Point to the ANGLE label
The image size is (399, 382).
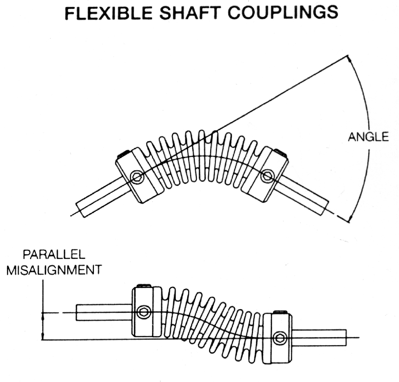[368, 137]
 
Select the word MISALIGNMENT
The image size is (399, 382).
[54, 270]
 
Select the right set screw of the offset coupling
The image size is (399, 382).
[280, 338]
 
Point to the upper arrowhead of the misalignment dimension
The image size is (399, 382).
[43, 316]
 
